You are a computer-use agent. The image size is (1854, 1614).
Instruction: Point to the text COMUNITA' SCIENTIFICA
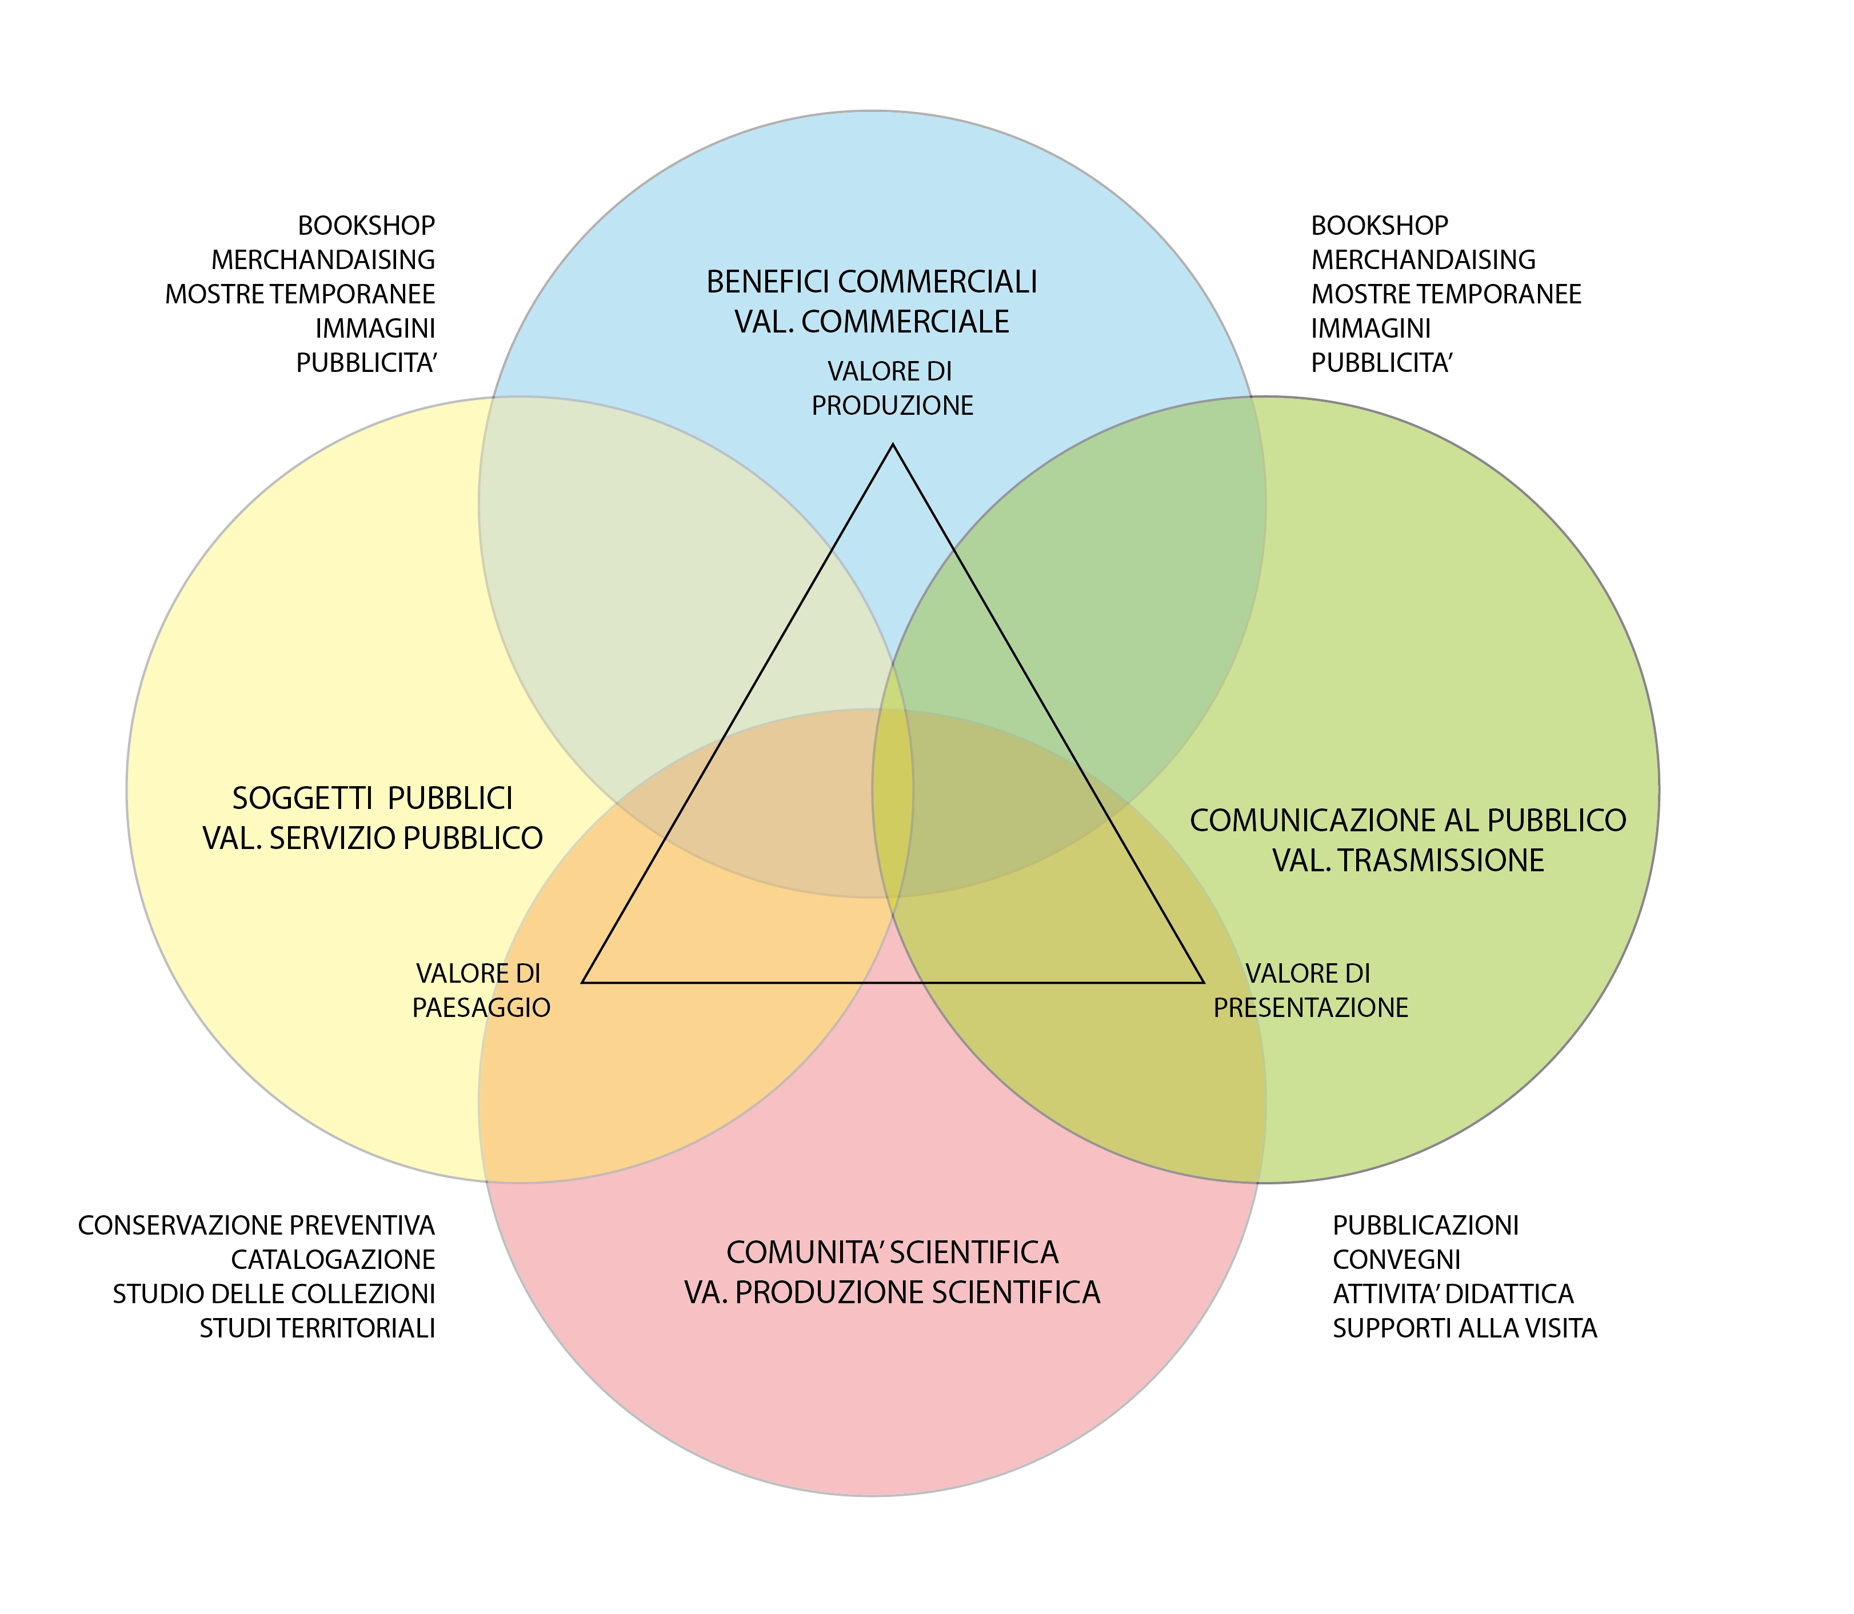click(892, 1252)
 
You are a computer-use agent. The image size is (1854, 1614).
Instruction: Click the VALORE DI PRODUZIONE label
click(892, 388)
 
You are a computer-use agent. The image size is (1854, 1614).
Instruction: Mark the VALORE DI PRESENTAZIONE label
click(1310, 990)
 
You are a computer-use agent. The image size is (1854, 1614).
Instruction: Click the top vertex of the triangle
click(893, 445)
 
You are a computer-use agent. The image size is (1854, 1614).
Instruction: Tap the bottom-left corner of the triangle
click(584, 982)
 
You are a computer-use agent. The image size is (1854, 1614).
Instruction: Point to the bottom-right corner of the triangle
click(1204, 982)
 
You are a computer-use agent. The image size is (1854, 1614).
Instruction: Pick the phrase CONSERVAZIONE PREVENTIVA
click(256, 1225)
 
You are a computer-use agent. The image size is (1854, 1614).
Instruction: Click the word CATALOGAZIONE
click(333, 1259)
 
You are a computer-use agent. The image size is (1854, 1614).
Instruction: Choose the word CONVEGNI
click(1396, 1259)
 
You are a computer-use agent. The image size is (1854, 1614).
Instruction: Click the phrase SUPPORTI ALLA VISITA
click(1464, 1328)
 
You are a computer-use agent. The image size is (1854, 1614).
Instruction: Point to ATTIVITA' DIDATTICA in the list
click(1452, 1293)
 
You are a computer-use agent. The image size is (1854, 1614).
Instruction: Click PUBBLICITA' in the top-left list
click(366, 363)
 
